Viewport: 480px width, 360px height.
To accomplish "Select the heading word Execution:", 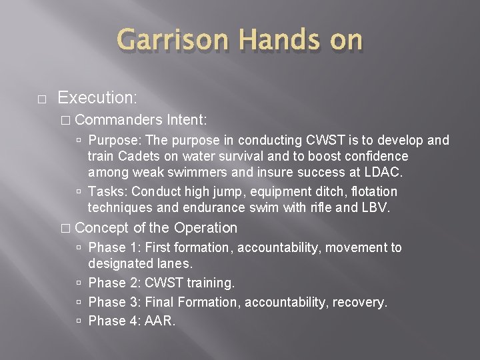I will pos(97,97).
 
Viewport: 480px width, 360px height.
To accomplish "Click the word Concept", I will pos(102,228).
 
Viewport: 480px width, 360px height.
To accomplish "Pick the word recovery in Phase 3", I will pos(361,302).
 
